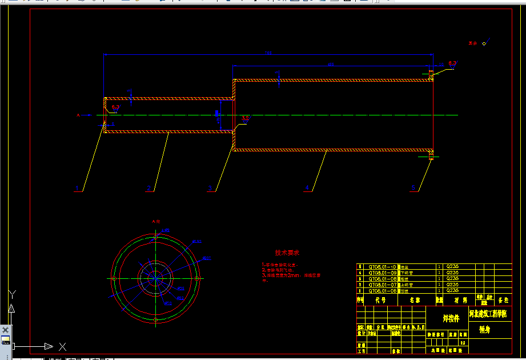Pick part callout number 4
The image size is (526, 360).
pos(307,187)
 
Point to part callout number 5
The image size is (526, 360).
pos(413,187)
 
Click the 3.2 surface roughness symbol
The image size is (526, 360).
pos(246,118)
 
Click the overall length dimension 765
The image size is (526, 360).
pos(268,53)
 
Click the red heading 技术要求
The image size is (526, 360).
pos(287,253)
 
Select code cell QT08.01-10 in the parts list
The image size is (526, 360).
pos(382,267)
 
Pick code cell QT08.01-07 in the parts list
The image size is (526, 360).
pos(382,284)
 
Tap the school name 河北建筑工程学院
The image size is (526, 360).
pos(487,314)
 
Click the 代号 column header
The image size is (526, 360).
pos(380,299)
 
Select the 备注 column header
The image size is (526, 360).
pos(503,299)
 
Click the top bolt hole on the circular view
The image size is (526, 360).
pos(156,237)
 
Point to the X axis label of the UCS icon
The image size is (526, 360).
pos(62,346)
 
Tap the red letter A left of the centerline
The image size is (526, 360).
pos(78,115)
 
